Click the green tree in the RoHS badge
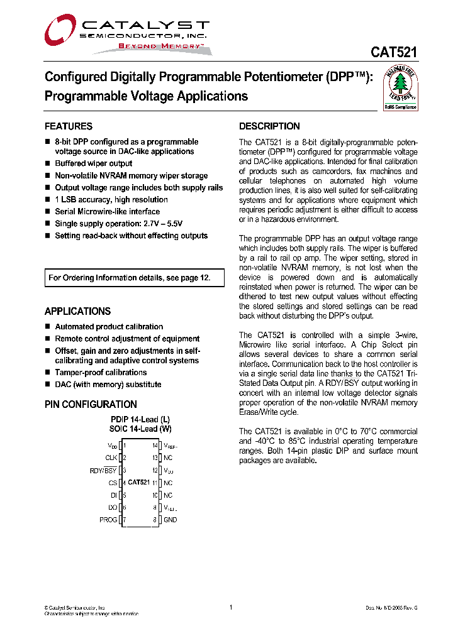pos(401,89)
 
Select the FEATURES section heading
pos(69,126)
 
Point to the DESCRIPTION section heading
pos(269,126)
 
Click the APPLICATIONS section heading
pos(77,312)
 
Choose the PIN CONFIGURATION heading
pos(91,405)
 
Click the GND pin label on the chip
pos(170,520)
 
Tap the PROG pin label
pos(108,520)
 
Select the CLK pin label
pos(111,458)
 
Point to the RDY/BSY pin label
pos(103,470)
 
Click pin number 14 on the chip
pos(154,446)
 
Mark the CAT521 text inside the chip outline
pos(138,483)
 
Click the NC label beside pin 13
pos(168,458)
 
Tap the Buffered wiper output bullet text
pos(94,163)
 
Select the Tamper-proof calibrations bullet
pos(101,373)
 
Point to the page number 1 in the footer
pos(231,607)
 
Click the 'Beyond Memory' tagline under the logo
pos(161,47)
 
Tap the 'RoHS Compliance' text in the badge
pos(401,107)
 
